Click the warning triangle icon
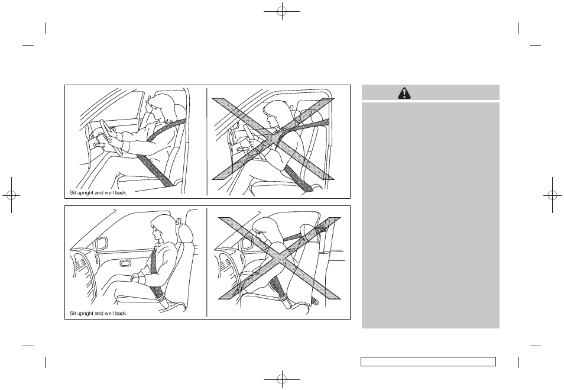point(404,93)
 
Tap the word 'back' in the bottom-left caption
point(121,313)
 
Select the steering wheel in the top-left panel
point(109,136)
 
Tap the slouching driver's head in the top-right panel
point(275,114)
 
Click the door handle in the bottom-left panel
point(125,263)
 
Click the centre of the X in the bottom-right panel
point(279,258)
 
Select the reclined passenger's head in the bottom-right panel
point(266,230)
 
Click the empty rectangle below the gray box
point(429,362)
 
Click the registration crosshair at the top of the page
point(282,11)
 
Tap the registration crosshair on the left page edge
point(11,195)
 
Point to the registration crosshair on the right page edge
point(553,195)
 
